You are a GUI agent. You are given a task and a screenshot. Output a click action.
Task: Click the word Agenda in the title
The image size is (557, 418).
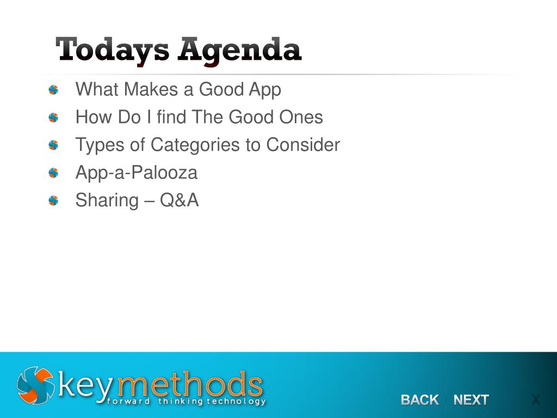[x=239, y=50]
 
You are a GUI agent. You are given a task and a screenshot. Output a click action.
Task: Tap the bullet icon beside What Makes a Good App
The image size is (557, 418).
[x=53, y=90]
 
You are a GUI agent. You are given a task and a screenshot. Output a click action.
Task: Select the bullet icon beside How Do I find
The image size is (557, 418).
[x=53, y=118]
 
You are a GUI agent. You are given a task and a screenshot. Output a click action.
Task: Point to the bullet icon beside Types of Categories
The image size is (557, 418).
[x=53, y=145]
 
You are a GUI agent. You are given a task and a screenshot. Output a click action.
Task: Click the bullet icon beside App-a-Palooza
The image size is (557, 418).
[x=53, y=173]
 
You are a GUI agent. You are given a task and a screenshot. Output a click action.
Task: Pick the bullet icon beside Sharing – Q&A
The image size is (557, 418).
[x=53, y=201]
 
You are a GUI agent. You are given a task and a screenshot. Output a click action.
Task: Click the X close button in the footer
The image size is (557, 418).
[x=536, y=400]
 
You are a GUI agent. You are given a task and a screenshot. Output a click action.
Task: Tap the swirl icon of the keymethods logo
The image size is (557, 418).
[x=35, y=385]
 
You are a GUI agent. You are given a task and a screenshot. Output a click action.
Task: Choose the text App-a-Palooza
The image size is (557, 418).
[x=137, y=173]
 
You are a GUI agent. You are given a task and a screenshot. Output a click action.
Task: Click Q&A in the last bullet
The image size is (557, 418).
[x=180, y=200]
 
